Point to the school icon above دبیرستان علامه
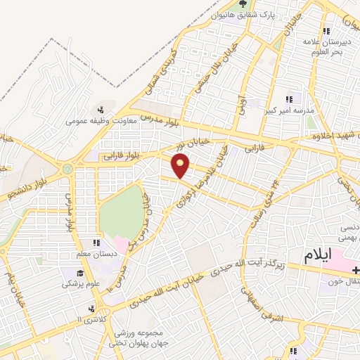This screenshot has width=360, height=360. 326,31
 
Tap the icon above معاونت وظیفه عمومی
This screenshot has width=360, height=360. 101,110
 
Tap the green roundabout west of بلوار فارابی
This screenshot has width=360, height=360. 67,169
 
